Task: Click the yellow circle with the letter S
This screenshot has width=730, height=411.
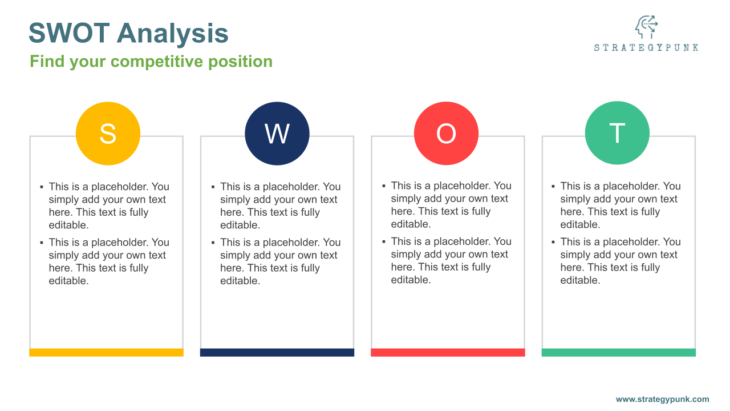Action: pos(108,134)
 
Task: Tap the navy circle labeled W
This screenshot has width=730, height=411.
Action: pos(277,134)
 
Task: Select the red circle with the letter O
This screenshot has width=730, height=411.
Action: pos(446,133)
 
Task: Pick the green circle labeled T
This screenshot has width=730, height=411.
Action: pos(617,133)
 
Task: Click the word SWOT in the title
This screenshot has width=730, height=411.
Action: pos(69,33)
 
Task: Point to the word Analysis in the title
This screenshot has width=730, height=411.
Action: pos(173,34)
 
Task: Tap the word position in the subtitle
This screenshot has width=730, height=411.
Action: pos(240,62)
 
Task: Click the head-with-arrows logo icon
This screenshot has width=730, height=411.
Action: pos(646,27)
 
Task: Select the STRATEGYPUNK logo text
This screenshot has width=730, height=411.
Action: pos(646,47)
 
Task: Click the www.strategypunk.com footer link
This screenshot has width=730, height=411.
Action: pos(662,399)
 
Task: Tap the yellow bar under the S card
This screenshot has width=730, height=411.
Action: pos(106,352)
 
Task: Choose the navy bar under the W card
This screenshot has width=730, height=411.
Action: pos(277,352)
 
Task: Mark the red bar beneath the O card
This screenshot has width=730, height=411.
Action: pos(448,352)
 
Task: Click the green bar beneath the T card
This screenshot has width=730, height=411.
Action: pos(619,352)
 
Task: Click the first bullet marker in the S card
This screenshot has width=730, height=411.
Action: pos(42,187)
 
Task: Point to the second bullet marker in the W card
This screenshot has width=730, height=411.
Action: pos(213,243)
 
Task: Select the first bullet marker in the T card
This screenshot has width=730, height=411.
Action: pos(553,186)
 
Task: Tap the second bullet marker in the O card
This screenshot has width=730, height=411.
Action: pos(384,241)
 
